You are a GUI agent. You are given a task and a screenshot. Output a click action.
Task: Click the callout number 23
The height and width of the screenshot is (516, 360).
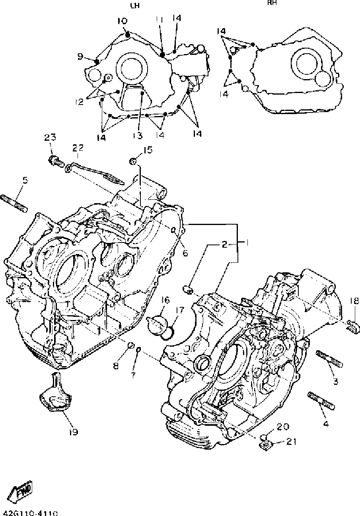50,138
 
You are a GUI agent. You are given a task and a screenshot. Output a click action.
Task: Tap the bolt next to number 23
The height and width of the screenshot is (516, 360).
54,161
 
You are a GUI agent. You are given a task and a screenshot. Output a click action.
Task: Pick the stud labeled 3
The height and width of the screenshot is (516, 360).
329,359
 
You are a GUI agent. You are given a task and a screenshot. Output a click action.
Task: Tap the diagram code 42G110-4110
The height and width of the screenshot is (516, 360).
30,513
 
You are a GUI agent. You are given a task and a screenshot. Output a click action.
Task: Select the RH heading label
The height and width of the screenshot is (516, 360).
272,3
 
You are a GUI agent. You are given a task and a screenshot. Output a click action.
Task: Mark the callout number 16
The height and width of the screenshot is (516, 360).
165,299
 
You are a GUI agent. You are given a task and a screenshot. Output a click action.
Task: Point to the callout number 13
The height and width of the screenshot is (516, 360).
137,136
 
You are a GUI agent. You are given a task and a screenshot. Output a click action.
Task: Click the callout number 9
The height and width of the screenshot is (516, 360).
80,56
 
